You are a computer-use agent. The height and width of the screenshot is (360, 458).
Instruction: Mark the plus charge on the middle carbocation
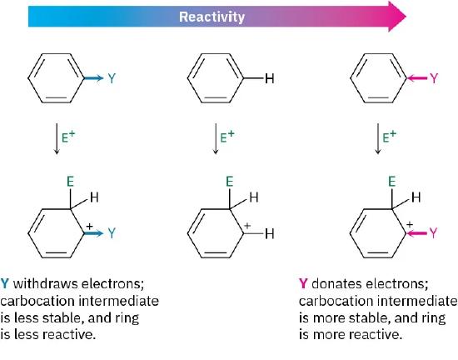pyautogui.click(x=247, y=226)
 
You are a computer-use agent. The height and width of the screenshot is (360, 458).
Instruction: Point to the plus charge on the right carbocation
pyautogui.click(x=409, y=226)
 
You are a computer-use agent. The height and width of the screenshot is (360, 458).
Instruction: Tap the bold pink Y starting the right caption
pyautogui.click(x=302, y=283)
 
